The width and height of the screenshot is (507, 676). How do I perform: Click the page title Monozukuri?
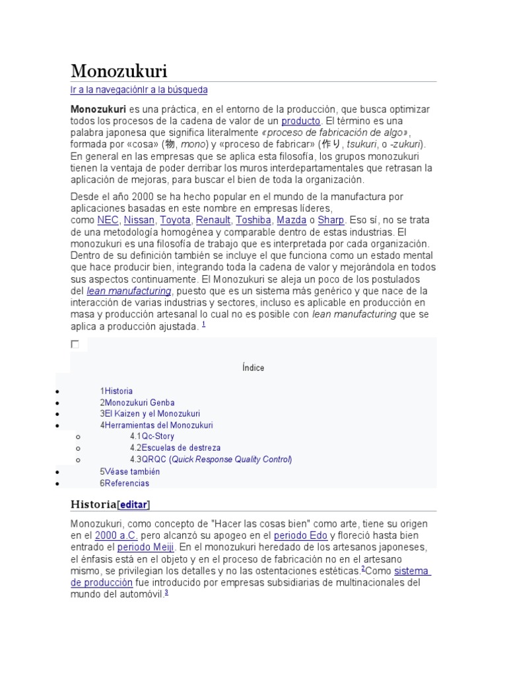pos(119,71)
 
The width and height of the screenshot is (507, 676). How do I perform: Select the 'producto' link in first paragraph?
pos(300,121)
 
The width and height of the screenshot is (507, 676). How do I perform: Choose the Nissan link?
pos(139,220)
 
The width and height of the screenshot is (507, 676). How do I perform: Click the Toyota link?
pos(176,220)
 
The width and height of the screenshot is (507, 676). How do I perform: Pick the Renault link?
pos(213,220)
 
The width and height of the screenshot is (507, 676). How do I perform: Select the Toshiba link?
pos(253,220)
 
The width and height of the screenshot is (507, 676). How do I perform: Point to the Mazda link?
pos(291,220)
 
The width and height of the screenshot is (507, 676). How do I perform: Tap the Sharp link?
pos(331,220)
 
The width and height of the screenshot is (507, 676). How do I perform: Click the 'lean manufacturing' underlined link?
pos(129,291)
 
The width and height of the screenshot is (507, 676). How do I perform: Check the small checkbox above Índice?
pos(75,344)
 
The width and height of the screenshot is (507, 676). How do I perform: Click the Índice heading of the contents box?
pos(253,368)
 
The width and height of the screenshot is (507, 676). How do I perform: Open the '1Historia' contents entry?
pos(116,391)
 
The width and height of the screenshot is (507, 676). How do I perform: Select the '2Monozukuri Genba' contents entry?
pos(137,403)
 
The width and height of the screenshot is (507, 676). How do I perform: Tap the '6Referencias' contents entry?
pos(125,483)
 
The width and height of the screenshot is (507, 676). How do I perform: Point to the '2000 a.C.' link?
pos(116,535)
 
